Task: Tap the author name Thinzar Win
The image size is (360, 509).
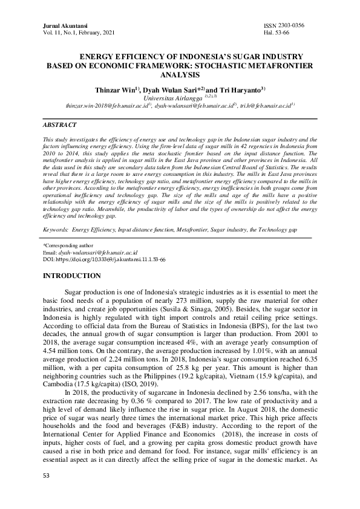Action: coord(116,89)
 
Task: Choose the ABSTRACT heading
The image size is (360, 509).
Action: coord(59,125)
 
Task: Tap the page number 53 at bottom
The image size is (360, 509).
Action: coord(46,493)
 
